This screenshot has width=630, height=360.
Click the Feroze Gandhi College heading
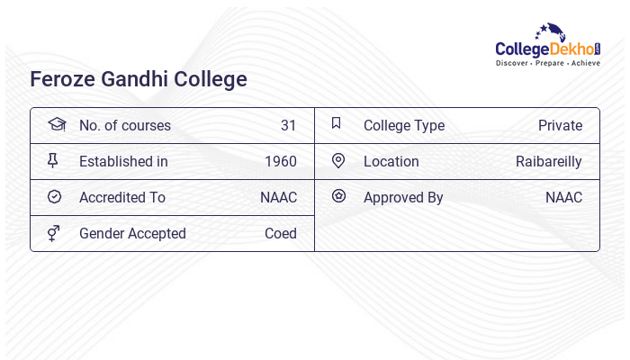click(x=139, y=79)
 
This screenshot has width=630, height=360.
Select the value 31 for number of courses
click(x=288, y=125)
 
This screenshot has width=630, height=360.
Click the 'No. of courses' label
click(x=124, y=125)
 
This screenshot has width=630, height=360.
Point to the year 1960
click(x=280, y=161)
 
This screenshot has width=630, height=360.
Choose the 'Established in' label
click(x=123, y=161)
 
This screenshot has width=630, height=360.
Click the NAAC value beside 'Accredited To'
click(x=278, y=197)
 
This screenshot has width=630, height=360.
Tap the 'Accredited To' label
click(x=122, y=197)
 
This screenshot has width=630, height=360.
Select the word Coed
click(x=280, y=233)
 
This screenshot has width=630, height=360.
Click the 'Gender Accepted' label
click(x=132, y=233)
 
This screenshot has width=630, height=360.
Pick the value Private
click(x=560, y=125)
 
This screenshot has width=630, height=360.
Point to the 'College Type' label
click(x=404, y=125)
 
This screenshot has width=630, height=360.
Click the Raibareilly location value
click(x=549, y=161)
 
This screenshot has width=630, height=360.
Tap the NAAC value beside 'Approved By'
click(x=563, y=197)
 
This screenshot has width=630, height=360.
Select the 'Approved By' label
click(x=403, y=197)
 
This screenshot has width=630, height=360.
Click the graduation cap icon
click(x=57, y=124)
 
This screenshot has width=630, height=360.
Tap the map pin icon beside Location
click(x=338, y=160)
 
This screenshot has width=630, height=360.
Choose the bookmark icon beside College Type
click(x=337, y=123)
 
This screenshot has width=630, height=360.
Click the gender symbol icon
click(x=54, y=233)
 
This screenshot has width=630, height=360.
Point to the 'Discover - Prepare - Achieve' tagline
click(x=548, y=64)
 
